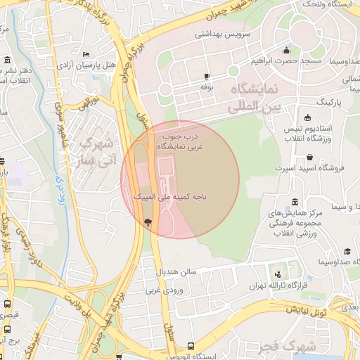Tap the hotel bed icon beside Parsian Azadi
coord(86,54)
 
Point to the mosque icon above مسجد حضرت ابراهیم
coord(286,50)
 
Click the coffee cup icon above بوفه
coord(207,76)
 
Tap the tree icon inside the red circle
coord(148,222)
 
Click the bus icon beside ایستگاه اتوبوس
coord(191,345)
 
